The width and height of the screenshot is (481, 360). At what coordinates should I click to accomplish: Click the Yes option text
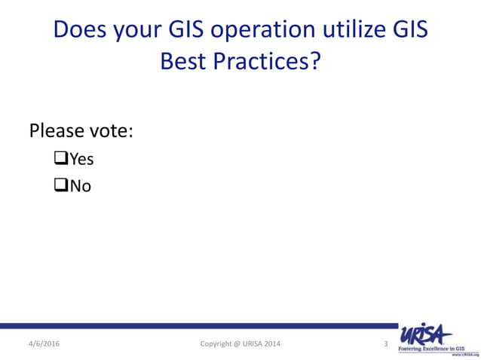[x=81, y=159]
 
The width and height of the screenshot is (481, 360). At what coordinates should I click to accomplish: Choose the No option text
[x=80, y=185]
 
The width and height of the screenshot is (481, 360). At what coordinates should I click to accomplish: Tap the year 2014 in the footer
[x=275, y=343]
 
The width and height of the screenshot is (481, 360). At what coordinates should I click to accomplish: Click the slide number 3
[x=385, y=343]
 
